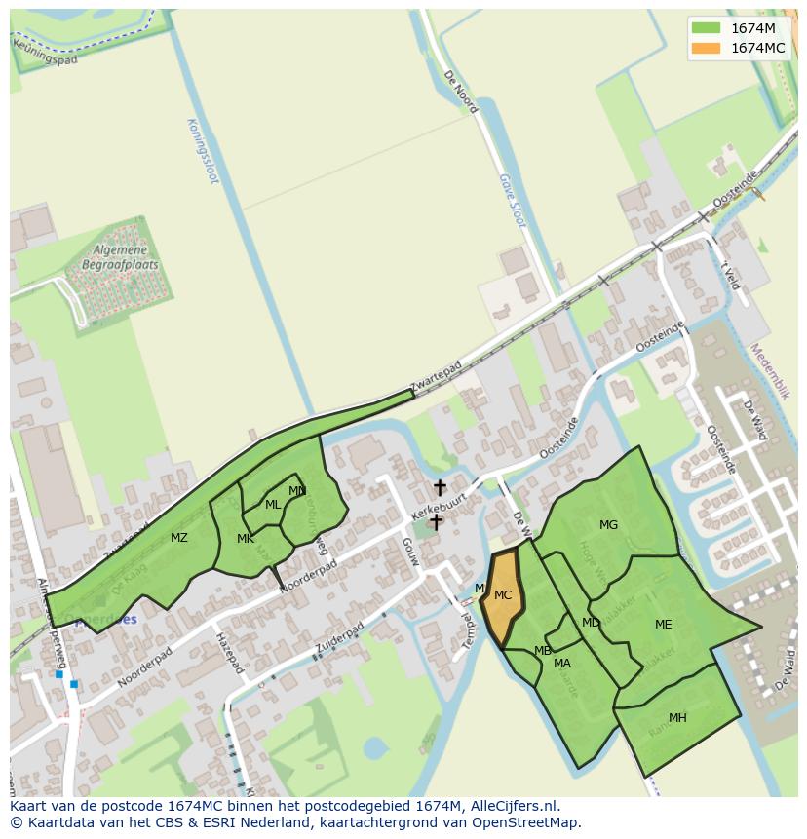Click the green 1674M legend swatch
[x=707, y=28]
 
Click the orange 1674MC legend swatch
[x=707, y=48]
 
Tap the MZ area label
[x=179, y=538]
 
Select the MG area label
[x=608, y=525]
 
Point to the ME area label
[x=663, y=625]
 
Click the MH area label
[x=677, y=718]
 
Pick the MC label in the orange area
[x=503, y=595]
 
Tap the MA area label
[x=562, y=664]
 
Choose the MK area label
[x=246, y=539]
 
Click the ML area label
[x=273, y=505]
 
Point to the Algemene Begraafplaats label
[x=120, y=257]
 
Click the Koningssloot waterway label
[x=203, y=152]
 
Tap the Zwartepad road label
[x=436, y=379]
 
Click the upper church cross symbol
[x=440, y=486]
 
